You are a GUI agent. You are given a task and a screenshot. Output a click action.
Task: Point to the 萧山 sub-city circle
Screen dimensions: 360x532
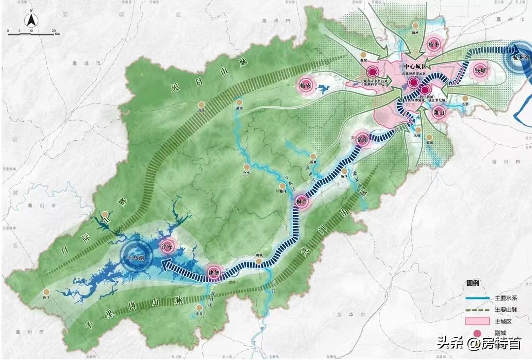pos(438,112)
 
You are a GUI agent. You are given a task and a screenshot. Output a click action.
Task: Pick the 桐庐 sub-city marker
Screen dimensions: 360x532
pos(301,202)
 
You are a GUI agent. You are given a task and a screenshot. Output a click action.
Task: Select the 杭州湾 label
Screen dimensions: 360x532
pos(520,57)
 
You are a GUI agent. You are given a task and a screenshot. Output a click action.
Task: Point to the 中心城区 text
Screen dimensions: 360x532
pos(414,66)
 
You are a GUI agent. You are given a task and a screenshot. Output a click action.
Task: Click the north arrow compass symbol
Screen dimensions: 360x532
pos(31,20)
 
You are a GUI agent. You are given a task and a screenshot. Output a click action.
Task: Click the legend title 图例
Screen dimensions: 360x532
pos(473,284)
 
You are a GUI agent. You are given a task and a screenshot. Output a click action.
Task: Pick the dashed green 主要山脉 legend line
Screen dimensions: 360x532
pos(477,310)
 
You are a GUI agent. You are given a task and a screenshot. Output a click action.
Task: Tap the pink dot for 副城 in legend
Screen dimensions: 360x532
pos(477,333)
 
